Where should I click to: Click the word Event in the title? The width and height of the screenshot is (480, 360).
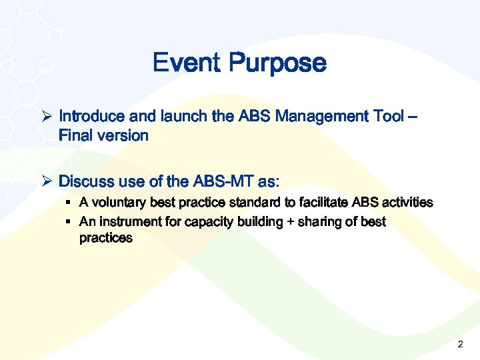[x=187, y=63]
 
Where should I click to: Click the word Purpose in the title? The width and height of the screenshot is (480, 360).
[x=277, y=64]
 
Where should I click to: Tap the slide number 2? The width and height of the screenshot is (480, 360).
[x=460, y=345]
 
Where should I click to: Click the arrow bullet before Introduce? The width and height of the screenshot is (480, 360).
[x=47, y=116]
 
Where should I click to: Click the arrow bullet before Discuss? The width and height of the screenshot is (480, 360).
[x=47, y=181]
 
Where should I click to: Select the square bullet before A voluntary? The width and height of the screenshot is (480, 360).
[x=69, y=202]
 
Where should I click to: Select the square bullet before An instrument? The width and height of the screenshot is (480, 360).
[x=69, y=221]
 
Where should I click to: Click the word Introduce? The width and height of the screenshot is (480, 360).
[x=91, y=116]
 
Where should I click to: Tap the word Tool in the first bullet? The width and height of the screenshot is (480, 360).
[x=386, y=116]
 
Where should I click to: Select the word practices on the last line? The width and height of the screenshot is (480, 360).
[x=105, y=238]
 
